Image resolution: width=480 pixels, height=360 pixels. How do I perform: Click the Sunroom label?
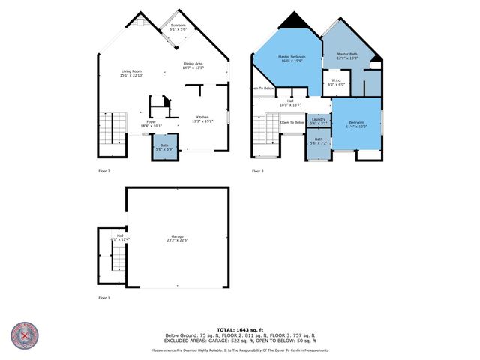[x=178, y=27]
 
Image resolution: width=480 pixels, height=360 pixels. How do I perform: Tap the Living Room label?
[x=132, y=73]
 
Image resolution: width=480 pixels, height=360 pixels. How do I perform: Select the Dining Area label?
[x=193, y=66]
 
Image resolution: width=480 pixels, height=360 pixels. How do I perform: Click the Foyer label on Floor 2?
[x=151, y=123]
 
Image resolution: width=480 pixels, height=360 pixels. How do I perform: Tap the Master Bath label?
[x=347, y=56]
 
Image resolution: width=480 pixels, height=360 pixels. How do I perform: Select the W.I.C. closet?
[x=337, y=82]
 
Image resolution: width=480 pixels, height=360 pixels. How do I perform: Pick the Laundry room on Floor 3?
[x=318, y=121]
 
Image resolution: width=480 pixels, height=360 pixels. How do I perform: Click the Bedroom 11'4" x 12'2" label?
[x=356, y=124]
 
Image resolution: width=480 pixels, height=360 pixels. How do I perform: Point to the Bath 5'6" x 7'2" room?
[x=318, y=142]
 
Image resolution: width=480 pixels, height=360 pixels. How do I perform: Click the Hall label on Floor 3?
[x=289, y=102]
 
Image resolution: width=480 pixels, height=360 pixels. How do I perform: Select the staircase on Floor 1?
[x=115, y=259]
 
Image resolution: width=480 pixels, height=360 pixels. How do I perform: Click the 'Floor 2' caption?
[x=104, y=172]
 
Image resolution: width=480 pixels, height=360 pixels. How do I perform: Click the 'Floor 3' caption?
[x=257, y=172]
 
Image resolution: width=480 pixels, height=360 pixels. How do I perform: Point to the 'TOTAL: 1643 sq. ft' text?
[x=239, y=329]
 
